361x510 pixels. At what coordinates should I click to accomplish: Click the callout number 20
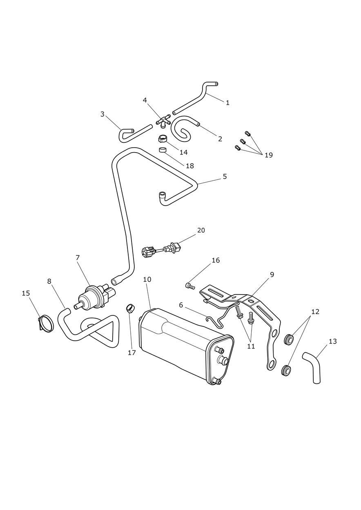pos(201,231)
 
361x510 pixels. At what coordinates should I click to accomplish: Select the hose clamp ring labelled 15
pos(46,324)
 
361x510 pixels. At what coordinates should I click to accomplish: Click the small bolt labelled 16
pos(190,286)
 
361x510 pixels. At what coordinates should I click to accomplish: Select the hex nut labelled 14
pos(162,139)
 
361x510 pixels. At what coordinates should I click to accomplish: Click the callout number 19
pos(268,155)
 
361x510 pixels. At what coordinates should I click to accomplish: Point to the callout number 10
pos(147,279)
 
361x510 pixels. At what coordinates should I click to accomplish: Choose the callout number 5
pos(225,177)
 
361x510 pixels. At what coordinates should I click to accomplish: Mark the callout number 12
pos(315,312)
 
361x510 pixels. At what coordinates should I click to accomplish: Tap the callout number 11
pos(251,346)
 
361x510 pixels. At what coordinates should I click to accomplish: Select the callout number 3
pos(103,114)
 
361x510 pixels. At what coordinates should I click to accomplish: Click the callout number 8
pos(49,281)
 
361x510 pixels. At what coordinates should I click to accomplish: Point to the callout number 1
pos(227,103)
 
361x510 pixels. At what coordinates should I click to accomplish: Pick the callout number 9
pos(272,275)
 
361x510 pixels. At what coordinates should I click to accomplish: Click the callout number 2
pos(220,139)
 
